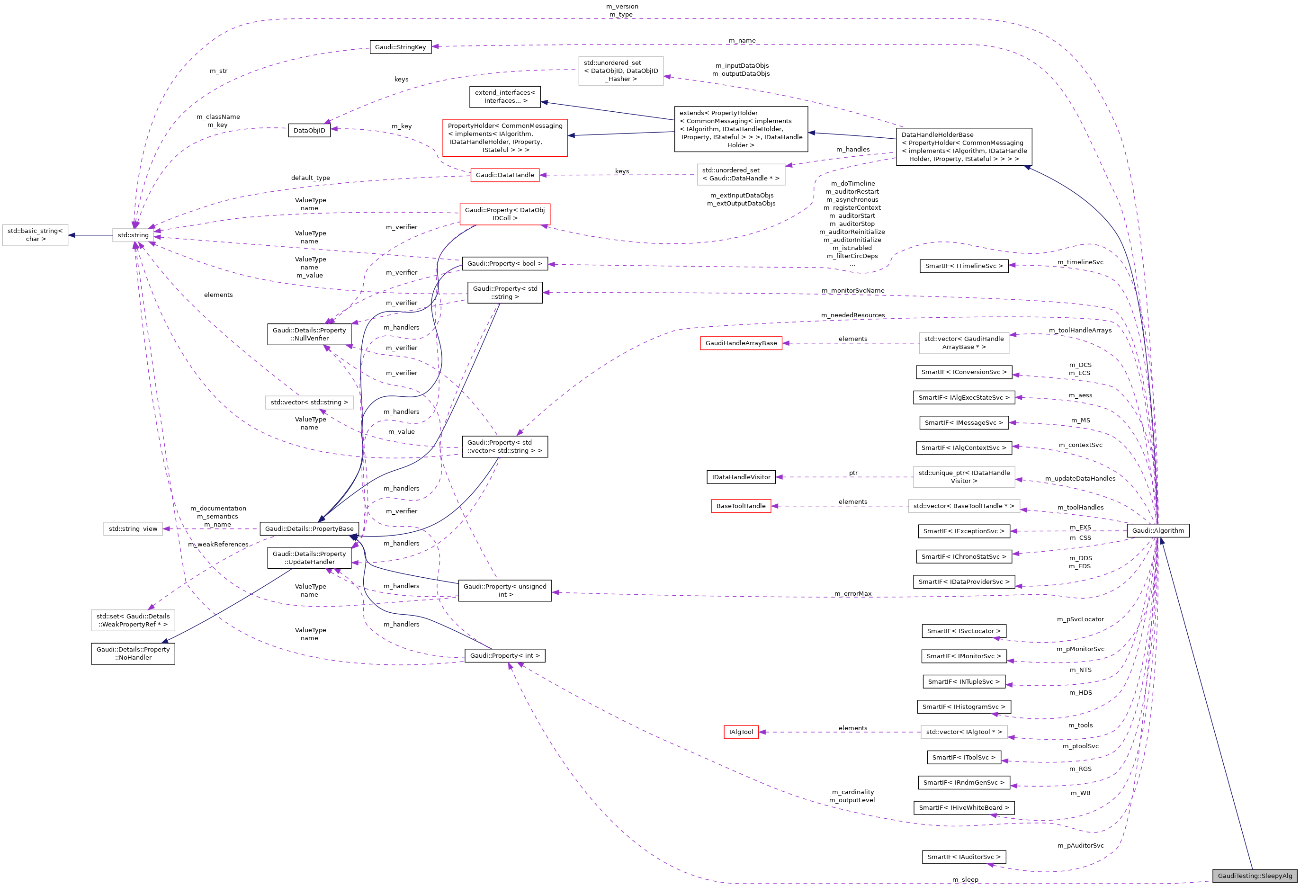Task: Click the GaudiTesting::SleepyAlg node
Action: (x=1255, y=876)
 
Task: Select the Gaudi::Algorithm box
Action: (x=1157, y=530)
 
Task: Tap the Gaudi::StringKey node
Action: (x=400, y=47)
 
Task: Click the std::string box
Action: (x=133, y=235)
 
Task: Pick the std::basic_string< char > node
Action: (x=35, y=235)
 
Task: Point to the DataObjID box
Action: (x=309, y=130)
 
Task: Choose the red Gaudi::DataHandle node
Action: (x=504, y=175)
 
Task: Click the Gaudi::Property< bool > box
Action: (x=504, y=263)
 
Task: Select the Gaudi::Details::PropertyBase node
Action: (x=309, y=528)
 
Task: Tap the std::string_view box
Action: (x=133, y=528)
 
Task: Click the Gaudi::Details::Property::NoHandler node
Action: (x=133, y=653)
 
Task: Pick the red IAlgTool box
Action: (x=741, y=732)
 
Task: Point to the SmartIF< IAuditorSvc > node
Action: (x=963, y=857)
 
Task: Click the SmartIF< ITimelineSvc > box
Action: (x=963, y=266)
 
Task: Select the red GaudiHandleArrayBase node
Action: (x=741, y=343)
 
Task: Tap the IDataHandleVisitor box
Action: (x=741, y=477)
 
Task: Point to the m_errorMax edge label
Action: (x=852, y=593)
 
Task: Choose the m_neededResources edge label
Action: (x=852, y=315)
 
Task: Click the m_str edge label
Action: (x=218, y=71)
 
